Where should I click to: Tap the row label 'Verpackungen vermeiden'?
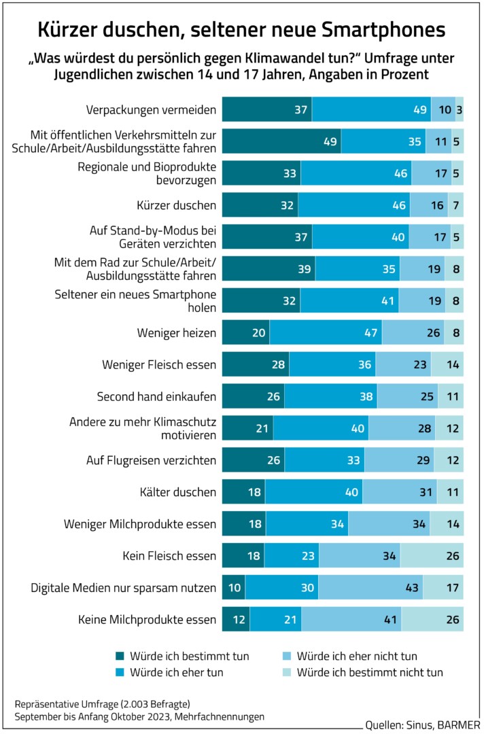pyautogui.click(x=151, y=109)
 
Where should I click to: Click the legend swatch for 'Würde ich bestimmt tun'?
pyautogui.click(x=120, y=657)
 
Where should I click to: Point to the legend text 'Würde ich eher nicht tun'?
pyautogui.click(x=357, y=657)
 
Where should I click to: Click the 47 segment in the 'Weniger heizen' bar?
pyautogui.click(x=326, y=333)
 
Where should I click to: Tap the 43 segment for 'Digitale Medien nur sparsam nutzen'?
pyautogui.click(x=370, y=588)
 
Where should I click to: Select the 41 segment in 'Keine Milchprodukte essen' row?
pyautogui.click(x=351, y=620)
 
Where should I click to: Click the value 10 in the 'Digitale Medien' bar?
pyautogui.click(x=234, y=588)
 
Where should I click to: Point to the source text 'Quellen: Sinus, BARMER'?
pyautogui.click(x=421, y=722)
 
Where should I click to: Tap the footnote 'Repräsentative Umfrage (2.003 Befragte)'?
pyautogui.click(x=101, y=703)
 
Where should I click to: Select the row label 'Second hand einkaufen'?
pyautogui.click(x=156, y=397)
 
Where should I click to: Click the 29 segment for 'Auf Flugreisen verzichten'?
pyautogui.click(x=399, y=461)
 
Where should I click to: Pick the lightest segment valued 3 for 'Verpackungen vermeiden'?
pyautogui.click(x=460, y=109)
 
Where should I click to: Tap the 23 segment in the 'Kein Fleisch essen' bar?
pyautogui.click(x=292, y=556)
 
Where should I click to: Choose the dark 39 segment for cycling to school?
pyautogui.click(x=269, y=269)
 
